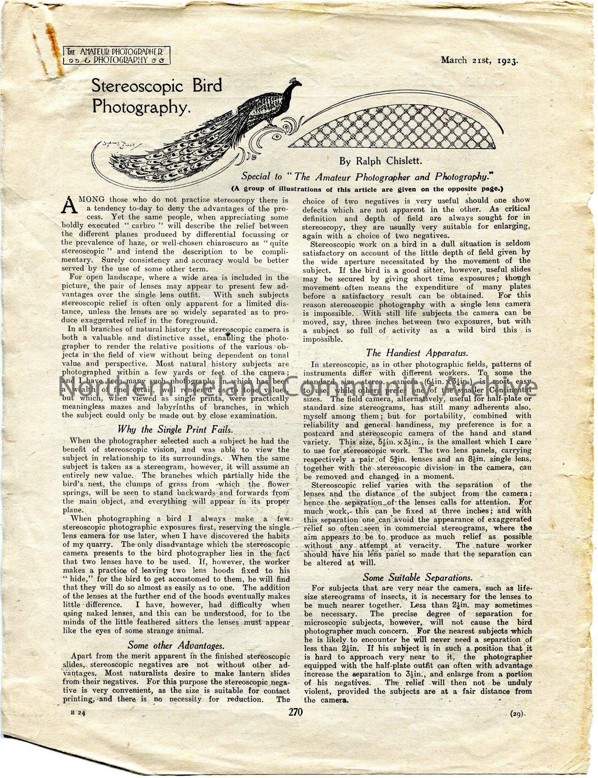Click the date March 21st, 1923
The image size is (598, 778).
(x=480, y=60)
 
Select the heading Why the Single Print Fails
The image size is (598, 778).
(x=175, y=429)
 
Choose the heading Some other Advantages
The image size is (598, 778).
(x=176, y=645)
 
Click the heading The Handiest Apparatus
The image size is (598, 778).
(x=417, y=353)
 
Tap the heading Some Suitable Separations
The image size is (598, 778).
(x=418, y=577)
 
